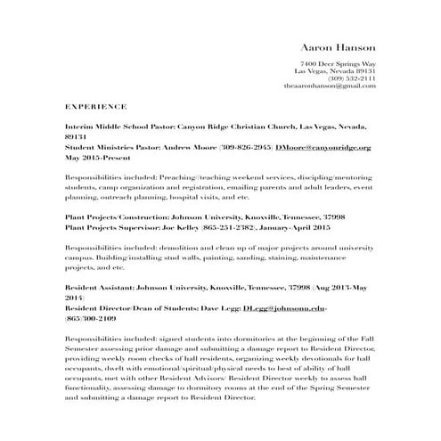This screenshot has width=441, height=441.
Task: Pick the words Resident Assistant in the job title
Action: (x=101, y=290)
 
